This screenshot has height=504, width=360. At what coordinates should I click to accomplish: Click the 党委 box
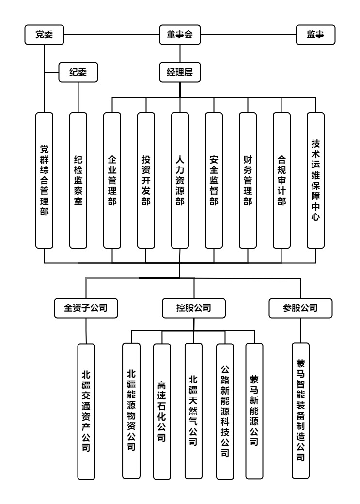tap(44, 35)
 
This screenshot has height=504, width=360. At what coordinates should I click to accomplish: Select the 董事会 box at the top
tap(180, 35)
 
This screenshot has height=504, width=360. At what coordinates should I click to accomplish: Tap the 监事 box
tap(315, 35)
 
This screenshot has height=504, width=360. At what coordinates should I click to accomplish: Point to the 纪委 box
tap(78, 72)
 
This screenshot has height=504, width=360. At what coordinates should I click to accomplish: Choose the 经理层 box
tap(180, 72)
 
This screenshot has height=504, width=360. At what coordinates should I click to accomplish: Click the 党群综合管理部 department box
tap(44, 181)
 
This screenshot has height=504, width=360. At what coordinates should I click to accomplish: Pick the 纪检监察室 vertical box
tap(78, 181)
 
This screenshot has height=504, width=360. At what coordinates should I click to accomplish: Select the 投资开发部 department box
tap(146, 181)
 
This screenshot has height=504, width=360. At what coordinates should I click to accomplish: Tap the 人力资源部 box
tap(180, 181)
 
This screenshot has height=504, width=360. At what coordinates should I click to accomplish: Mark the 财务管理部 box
tap(248, 181)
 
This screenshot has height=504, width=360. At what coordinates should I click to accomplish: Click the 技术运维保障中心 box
tap(315, 181)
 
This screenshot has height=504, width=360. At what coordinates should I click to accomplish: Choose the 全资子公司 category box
tap(86, 308)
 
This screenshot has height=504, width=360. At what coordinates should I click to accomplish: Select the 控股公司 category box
tap(194, 308)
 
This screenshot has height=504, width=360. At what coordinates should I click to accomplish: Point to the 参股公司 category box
tap(300, 308)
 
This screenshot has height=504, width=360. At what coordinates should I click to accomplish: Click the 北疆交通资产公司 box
tap(86, 412)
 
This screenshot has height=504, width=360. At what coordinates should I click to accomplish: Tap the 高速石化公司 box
tap(162, 412)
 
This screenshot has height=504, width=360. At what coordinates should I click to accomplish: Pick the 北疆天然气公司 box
tap(193, 411)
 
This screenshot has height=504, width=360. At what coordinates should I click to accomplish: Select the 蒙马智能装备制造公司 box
tap(300, 411)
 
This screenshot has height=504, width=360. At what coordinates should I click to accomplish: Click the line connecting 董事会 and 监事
tap(249, 35)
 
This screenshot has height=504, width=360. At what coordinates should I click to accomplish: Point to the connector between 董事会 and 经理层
tap(180, 54)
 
